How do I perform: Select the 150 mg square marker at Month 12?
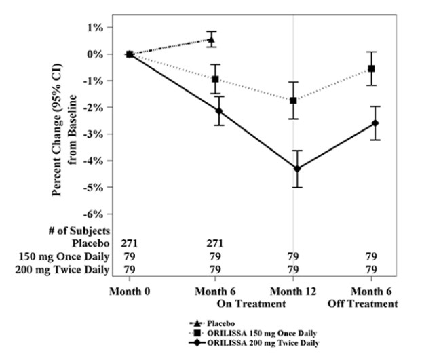(293, 100)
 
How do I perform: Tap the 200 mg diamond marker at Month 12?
(296, 168)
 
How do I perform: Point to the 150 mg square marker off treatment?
(371, 68)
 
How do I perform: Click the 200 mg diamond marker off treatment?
(375, 123)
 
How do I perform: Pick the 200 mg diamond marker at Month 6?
(218, 111)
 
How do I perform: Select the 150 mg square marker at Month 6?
(215, 79)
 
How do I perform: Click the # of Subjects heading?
(83, 231)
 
